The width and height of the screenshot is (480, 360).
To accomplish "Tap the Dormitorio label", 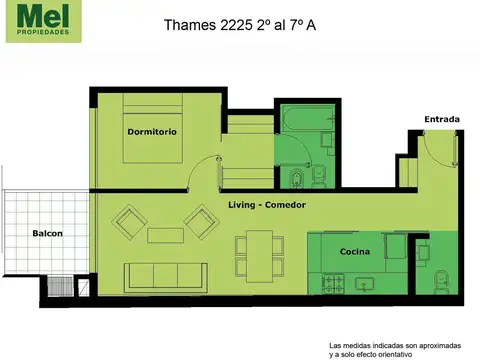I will click(x=151, y=132).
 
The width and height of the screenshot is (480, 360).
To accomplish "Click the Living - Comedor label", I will click(x=266, y=205).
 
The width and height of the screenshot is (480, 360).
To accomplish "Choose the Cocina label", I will click(x=355, y=251).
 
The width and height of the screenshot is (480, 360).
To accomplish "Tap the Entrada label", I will click(x=441, y=120).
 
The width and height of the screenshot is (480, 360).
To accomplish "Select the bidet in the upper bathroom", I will click(x=297, y=180).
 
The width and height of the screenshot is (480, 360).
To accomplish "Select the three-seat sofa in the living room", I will click(x=165, y=274).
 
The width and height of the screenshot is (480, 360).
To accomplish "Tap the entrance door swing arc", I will click(x=436, y=149).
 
